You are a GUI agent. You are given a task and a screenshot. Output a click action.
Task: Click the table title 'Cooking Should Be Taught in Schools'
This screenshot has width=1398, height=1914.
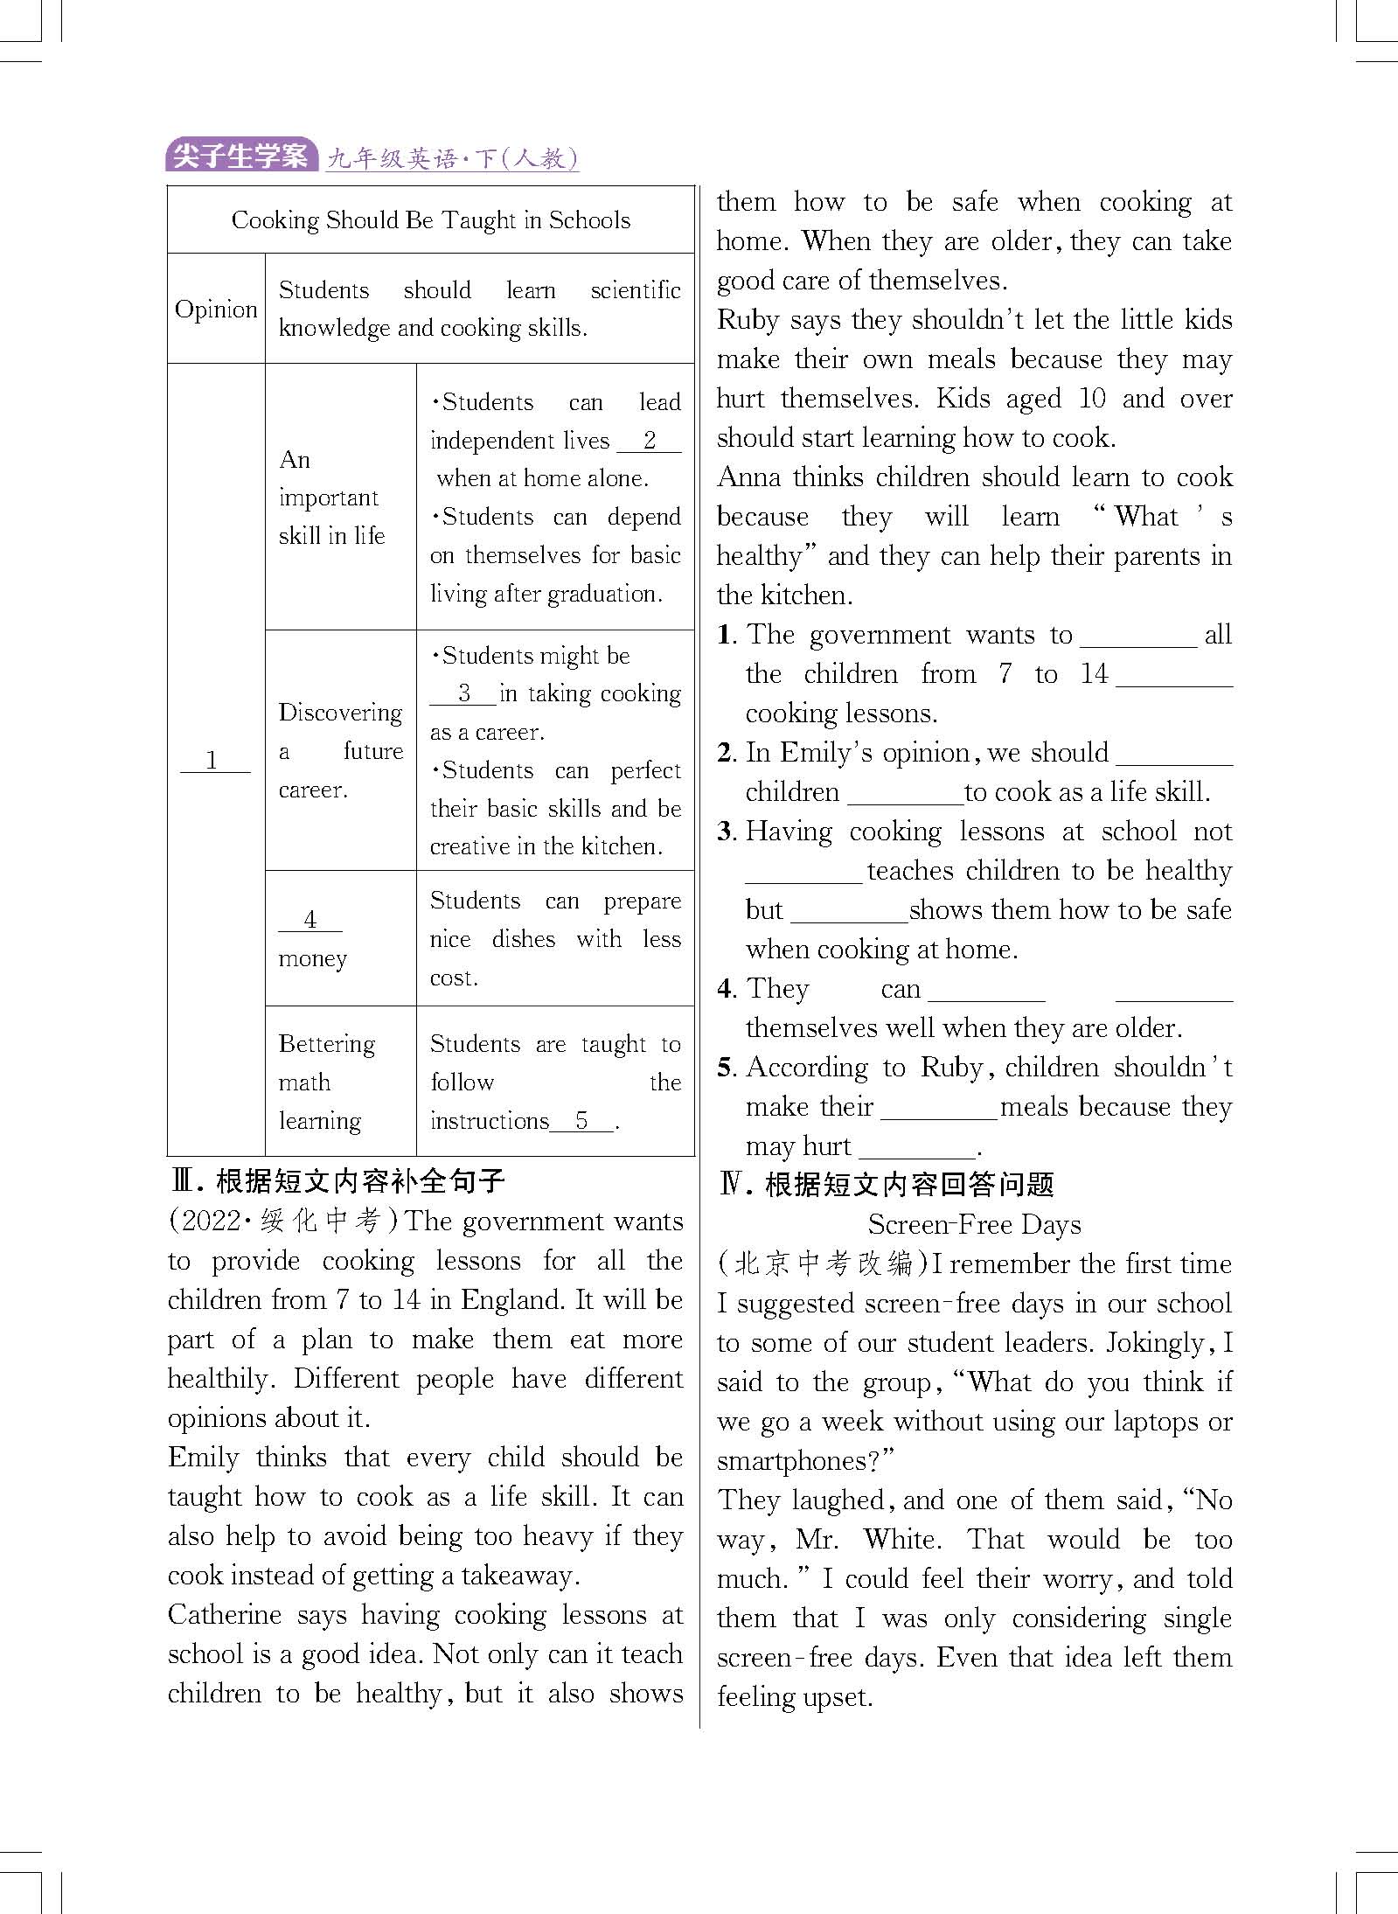tap(430, 220)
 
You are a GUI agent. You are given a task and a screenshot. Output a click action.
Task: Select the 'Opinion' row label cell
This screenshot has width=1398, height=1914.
tap(216, 309)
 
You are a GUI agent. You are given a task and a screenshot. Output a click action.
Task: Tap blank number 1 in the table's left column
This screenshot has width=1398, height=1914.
tap(213, 760)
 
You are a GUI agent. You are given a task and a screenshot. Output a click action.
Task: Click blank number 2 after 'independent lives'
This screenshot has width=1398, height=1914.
tap(649, 441)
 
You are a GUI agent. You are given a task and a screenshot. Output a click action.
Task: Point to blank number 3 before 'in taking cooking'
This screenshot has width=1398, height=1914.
tap(463, 693)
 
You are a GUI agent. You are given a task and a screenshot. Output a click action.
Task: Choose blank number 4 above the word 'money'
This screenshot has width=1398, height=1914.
tap(310, 919)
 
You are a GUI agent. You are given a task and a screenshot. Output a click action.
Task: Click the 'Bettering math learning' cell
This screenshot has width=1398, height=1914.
tap(340, 1082)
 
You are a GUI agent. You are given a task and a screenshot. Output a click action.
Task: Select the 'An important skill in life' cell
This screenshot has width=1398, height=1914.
tap(340, 497)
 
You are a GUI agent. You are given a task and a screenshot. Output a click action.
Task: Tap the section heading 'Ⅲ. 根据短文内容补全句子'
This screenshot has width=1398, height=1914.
tap(337, 1181)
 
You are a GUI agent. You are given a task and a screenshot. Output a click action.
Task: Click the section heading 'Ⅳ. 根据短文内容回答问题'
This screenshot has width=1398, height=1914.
tap(886, 1185)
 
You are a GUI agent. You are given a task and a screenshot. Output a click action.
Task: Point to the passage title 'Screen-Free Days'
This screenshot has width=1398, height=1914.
tap(974, 1224)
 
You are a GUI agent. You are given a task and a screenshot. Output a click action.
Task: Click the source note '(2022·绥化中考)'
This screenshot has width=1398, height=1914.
tap(284, 1221)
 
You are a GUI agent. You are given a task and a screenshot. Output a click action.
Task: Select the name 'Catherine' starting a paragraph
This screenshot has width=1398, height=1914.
tap(225, 1614)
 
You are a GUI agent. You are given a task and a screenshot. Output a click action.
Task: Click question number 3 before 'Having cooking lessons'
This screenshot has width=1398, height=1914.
tap(726, 832)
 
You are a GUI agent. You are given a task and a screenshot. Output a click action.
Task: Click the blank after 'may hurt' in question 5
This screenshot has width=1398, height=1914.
tap(916, 1146)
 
